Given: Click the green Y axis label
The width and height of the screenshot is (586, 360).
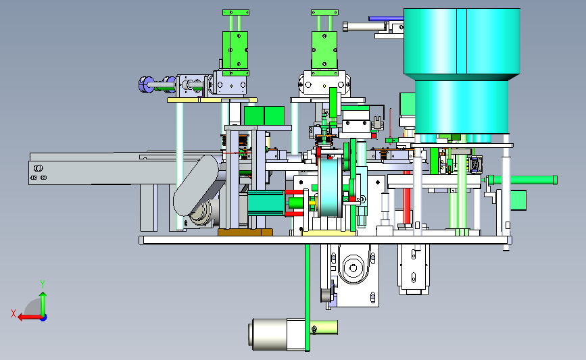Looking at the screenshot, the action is tap(43, 284).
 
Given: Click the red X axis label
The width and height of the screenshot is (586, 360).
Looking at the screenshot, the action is tap(14, 313).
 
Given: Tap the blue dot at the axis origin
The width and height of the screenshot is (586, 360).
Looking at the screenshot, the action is tap(44, 318).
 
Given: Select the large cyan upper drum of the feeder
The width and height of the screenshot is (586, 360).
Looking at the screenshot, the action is tap(462, 43).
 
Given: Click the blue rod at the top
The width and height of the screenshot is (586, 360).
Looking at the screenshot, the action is tap(386, 18).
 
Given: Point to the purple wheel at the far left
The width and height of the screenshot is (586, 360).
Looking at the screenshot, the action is tap(145, 84).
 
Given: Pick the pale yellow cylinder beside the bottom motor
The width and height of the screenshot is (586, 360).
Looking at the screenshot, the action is tap(324, 328).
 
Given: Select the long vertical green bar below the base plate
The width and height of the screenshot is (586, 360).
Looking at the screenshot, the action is tap(308, 298).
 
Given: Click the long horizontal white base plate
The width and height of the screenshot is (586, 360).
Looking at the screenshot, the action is tap(325, 240).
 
